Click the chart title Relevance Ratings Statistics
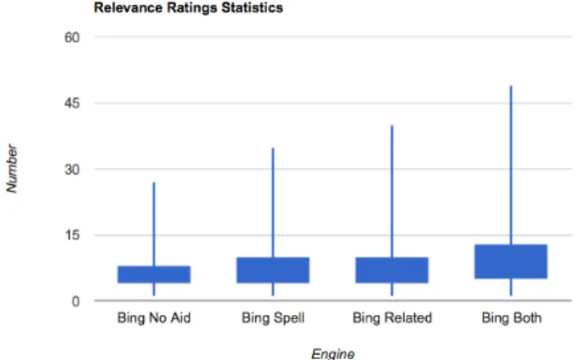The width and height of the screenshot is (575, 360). click(188, 8)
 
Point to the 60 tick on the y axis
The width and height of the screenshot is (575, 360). click(72, 37)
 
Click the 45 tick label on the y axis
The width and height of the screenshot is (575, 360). click(72, 103)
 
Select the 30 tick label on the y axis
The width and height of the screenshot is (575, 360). click(72, 169)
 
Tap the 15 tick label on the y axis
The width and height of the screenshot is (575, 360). click(72, 235)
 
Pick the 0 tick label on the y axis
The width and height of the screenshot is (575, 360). click(76, 301)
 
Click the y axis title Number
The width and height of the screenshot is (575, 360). click(11, 169)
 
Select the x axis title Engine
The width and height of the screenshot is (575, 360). click(333, 354)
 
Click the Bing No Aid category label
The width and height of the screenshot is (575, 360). click(154, 318)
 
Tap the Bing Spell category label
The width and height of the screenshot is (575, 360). click(273, 318)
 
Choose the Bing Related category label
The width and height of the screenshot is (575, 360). click(392, 318)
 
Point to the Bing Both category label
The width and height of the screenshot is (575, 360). click(512, 318)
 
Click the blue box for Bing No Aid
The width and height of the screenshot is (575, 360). click(154, 274)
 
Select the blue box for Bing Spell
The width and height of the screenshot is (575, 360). click(273, 270)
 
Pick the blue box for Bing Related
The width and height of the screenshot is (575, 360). click(392, 270)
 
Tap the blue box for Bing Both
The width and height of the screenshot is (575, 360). click(511, 261)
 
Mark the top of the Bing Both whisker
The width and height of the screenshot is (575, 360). click(511, 86)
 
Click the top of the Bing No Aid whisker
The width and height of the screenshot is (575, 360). click(154, 183)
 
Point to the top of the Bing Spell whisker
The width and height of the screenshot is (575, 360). click(273, 148)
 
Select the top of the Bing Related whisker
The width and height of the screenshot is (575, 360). click(392, 126)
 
